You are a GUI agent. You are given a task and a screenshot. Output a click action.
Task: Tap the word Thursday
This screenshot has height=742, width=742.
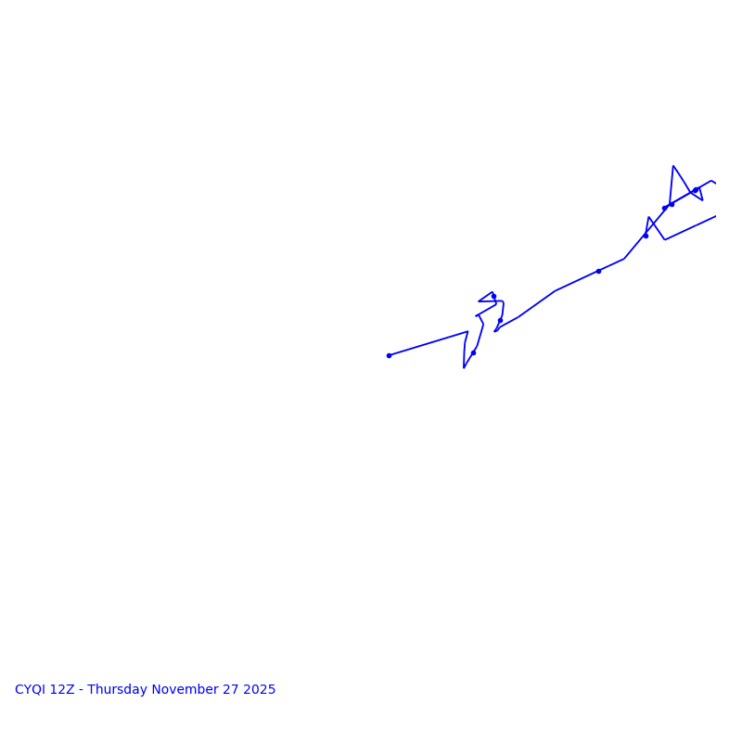point(118,690)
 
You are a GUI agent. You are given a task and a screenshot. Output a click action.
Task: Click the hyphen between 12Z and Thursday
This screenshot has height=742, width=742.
point(81,690)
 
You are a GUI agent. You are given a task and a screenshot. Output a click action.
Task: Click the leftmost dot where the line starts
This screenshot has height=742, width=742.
point(389,355)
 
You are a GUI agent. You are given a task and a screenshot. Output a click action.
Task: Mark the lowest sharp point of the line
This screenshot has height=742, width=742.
point(464,368)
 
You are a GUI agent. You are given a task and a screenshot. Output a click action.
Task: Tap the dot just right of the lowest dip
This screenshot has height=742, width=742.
point(473,352)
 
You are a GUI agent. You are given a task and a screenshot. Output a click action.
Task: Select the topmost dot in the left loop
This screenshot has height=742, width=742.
point(493,296)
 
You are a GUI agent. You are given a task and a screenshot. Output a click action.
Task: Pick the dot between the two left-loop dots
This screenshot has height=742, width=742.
point(500,321)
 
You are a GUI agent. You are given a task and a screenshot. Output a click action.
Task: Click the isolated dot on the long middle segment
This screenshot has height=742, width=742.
point(598,271)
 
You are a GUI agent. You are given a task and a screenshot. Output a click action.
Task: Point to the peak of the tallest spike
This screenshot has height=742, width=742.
point(673,166)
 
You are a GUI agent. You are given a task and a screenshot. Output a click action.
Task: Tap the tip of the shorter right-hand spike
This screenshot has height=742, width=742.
point(648,217)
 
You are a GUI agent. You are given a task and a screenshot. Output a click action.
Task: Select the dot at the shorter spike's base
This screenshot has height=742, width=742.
point(646,236)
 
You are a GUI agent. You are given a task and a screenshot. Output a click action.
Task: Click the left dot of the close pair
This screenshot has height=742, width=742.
point(664,208)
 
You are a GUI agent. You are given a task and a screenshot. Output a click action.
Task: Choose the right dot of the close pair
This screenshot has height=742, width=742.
point(672,204)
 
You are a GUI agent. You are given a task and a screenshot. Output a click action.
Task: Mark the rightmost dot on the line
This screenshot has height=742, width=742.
point(695,190)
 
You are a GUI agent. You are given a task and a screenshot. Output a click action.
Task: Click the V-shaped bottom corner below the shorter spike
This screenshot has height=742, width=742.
point(664,240)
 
